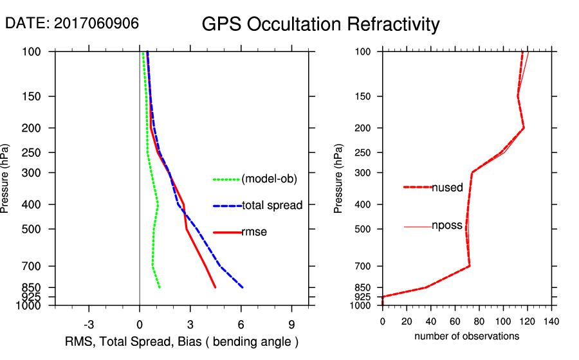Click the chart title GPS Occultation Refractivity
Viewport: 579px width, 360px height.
(x=320, y=24)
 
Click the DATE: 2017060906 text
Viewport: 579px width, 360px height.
(x=72, y=23)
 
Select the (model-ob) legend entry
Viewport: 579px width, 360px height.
(x=269, y=179)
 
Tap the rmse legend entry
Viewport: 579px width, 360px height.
(x=254, y=232)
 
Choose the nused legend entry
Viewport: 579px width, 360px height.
(x=447, y=188)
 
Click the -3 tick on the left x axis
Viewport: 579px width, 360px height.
(x=89, y=324)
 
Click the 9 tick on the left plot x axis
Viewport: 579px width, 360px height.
(x=291, y=324)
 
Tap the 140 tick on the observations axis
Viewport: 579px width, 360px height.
(x=551, y=321)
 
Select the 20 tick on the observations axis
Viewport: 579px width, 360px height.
(x=407, y=321)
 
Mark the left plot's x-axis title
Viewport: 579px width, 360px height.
(x=182, y=341)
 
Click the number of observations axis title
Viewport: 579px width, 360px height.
(x=466, y=336)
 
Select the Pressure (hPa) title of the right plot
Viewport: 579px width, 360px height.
(x=339, y=179)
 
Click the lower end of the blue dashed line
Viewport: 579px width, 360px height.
(x=243, y=287)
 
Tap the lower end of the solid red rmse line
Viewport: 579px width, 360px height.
(x=216, y=287)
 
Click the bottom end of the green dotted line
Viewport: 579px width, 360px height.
(x=160, y=287)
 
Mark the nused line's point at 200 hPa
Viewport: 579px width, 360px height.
(x=524, y=128)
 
